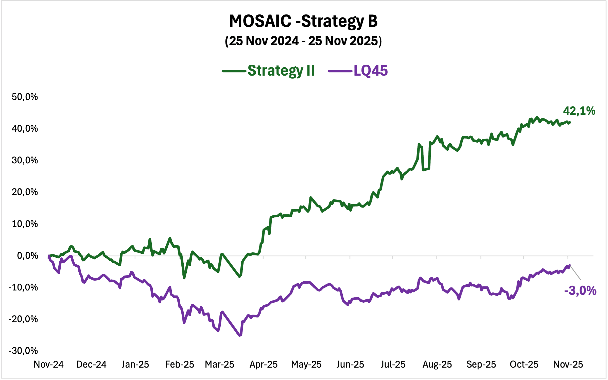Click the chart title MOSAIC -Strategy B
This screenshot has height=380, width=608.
coord(303,21)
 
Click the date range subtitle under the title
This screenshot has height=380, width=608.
coord(303,41)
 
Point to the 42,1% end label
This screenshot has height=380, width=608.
coord(579,111)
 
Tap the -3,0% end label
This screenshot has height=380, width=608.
coord(580,290)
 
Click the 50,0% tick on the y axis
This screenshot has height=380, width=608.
coord(25,97)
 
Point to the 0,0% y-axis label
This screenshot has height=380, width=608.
coord(27,255)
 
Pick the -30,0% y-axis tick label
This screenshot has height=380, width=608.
coord(23,351)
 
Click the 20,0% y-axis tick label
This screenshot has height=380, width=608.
coord(25,192)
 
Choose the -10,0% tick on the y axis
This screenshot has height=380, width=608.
coord(23,287)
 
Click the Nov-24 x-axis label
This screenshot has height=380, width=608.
coord(49,364)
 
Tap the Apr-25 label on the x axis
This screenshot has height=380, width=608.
coord(264,364)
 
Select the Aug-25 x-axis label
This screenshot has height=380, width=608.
coord(437,364)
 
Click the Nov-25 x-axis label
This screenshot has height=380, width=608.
coord(568,364)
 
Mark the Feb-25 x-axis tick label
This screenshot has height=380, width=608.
coord(179,364)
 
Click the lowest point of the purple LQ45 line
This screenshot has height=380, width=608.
coord(240,335)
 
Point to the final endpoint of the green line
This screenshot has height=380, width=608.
coord(570,122)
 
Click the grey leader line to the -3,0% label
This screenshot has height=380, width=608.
coord(576,273)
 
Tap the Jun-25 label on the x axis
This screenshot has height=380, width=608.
coord(350,364)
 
